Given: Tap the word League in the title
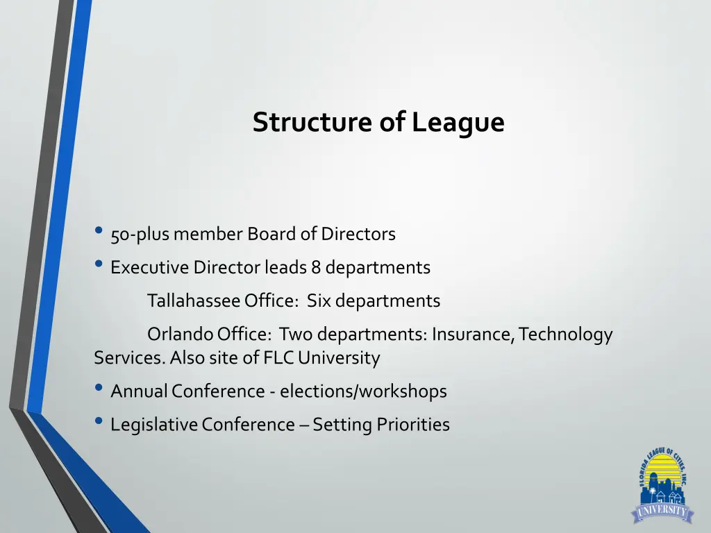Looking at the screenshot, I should point(458,124).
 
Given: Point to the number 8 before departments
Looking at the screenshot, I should point(317,267).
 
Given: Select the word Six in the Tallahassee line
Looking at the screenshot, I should point(319,301).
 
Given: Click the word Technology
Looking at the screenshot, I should point(566,335).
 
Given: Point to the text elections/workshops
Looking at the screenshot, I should point(363,391).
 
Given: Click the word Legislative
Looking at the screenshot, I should point(154,425).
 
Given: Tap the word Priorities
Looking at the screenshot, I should point(413,425).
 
